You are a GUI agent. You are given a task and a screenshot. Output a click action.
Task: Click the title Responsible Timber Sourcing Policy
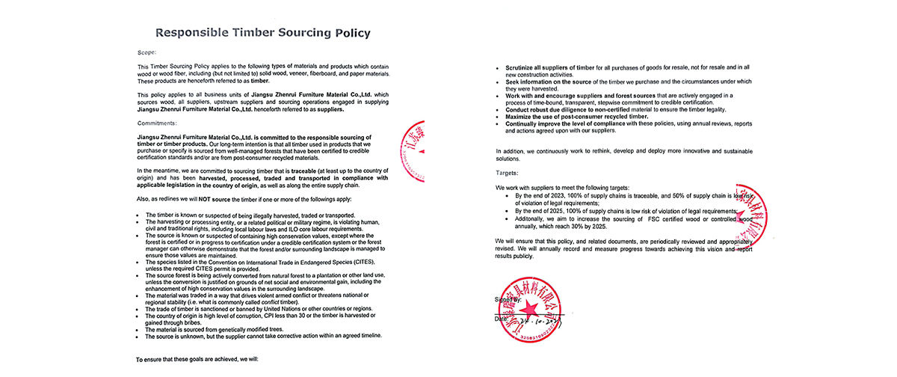(x=262, y=34)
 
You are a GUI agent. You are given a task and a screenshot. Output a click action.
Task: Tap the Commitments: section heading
(x=157, y=122)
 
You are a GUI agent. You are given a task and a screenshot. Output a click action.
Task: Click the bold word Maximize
(x=523, y=116)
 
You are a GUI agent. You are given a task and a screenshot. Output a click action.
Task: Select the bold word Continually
(x=527, y=123)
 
